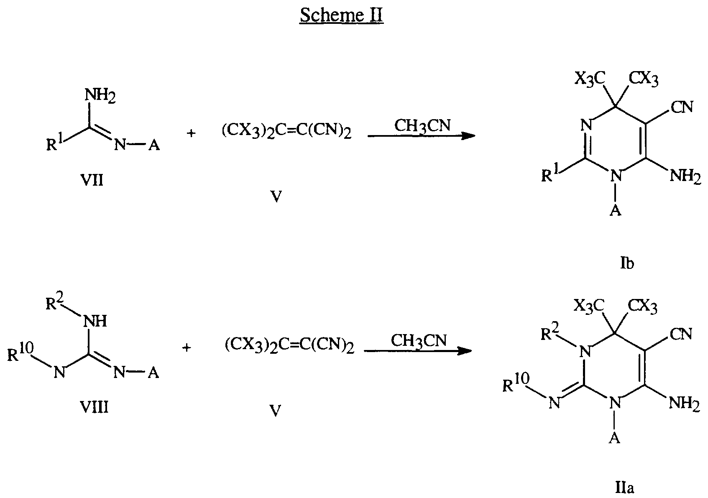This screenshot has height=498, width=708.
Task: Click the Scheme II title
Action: (341, 16)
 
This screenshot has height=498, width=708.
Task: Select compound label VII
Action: (92, 181)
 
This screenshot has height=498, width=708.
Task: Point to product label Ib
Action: (627, 264)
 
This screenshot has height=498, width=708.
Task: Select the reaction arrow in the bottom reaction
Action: (418, 351)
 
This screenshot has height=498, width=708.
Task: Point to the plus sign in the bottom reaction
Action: (187, 348)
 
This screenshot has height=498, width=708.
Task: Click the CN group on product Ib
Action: (682, 107)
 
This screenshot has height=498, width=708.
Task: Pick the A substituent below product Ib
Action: (614, 211)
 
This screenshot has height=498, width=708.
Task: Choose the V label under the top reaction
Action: (275, 197)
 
